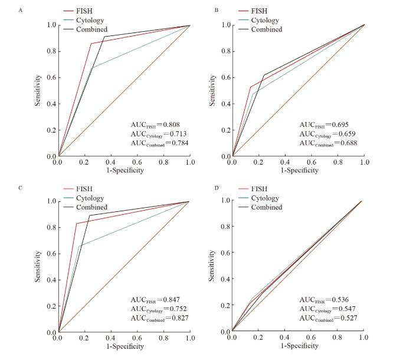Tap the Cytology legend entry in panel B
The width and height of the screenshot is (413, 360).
pyautogui.click(x=265, y=20)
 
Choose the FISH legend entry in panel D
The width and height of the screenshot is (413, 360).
pyautogui.click(x=263, y=189)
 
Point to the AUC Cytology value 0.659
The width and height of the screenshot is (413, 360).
pyautogui.click(x=345, y=134)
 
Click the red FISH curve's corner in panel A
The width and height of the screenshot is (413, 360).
pyautogui.click(x=91, y=43)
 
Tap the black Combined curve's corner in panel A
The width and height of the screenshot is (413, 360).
pyautogui.click(x=104, y=37)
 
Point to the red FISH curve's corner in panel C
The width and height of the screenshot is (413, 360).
pyautogui.click(x=77, y=223)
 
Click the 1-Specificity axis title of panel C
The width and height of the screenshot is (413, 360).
pyautogui.click(x=124, y=346)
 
